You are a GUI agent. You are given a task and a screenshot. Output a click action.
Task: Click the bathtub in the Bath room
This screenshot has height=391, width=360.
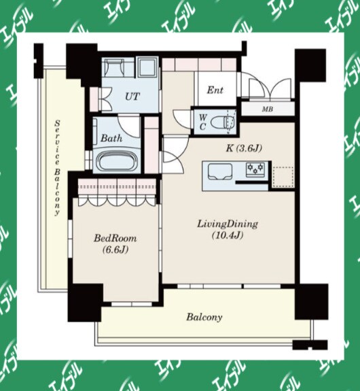click(x=117, y=161)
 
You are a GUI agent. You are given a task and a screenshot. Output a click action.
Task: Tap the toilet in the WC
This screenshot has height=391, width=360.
click(x=223, y=122)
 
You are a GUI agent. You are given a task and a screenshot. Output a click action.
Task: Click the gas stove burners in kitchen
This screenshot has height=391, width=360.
click(x=255, y=169)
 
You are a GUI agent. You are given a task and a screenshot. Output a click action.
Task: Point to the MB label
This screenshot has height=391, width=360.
click(x=268, y=109)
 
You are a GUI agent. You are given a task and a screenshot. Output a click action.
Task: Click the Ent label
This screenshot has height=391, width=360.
click(x=215, y=90)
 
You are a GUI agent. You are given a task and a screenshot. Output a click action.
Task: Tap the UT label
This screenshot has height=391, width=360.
click(x=132, y=97)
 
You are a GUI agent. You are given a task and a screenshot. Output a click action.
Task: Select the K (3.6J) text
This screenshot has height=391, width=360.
click(x=244, y=149)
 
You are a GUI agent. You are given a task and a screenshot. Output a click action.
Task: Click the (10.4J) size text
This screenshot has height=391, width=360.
click(x=228, y=235)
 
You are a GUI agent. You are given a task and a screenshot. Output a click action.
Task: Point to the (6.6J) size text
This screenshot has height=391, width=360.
click(x=115, y=250)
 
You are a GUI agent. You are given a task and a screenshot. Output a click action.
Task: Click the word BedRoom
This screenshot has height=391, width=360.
click(x=115, y=239)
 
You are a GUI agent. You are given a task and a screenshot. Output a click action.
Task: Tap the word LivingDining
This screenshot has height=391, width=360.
click(x=228, y=224)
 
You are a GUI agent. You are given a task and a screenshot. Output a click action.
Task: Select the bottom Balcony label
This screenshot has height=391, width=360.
click(x=204, y=317)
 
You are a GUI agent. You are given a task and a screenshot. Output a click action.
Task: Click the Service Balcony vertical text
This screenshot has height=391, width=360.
click(x=58, y=168)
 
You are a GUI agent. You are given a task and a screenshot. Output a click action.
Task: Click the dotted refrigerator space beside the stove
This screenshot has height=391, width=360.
click(x=283, y=177)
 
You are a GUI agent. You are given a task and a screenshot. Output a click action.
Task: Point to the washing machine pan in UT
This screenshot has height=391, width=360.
click(x=147, y=67)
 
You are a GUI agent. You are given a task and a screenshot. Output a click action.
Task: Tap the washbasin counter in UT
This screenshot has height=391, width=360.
click(x=114, y=65)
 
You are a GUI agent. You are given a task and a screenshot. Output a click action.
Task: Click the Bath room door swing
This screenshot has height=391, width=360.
click(x=128, y=126)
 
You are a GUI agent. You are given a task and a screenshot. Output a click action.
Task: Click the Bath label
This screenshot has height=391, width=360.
click(x=111, y=138)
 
